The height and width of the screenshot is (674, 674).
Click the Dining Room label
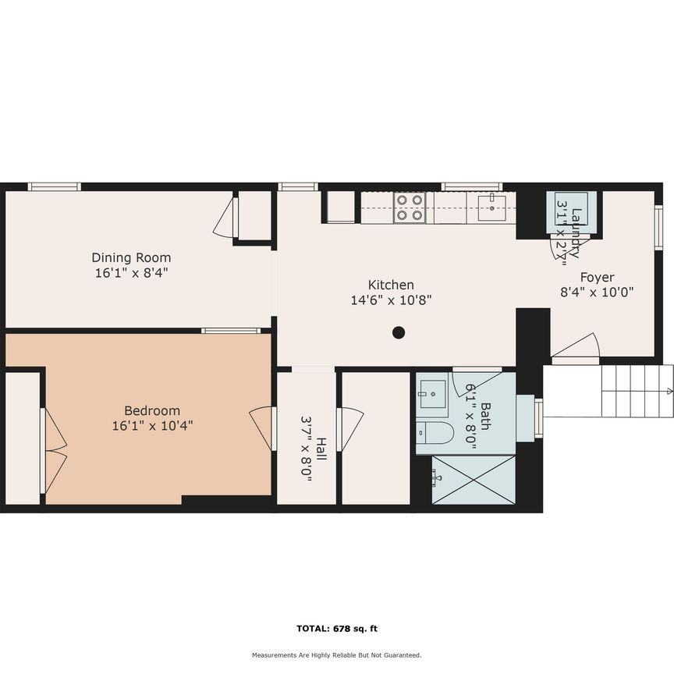[131, 257]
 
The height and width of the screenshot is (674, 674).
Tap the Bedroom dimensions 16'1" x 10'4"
[152, 426]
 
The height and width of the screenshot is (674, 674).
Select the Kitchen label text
[391, 285]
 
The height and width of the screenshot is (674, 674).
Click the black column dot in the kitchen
[399, 333]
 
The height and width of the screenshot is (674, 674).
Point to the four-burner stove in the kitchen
[410, 207]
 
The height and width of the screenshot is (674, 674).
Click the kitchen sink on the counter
[491, 206]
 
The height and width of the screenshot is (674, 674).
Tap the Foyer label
[597, 277]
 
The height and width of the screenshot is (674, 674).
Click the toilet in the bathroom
[435, 433]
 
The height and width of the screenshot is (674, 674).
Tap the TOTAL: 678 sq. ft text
[337, 628]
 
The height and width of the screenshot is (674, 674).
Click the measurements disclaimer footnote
[336, 655]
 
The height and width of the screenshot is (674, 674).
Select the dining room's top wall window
[55, 186]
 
